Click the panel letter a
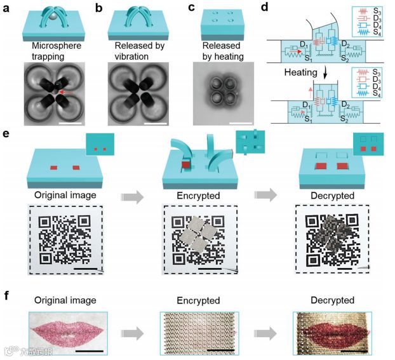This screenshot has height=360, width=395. tap(7, 8)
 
